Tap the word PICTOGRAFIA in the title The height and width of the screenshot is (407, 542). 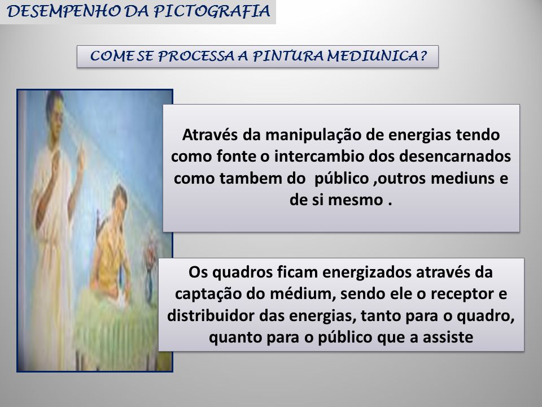(212, 11)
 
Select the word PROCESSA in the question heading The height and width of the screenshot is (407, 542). (196, 57)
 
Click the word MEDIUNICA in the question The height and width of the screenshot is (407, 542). (377, 56)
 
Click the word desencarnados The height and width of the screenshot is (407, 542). (455, 157)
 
